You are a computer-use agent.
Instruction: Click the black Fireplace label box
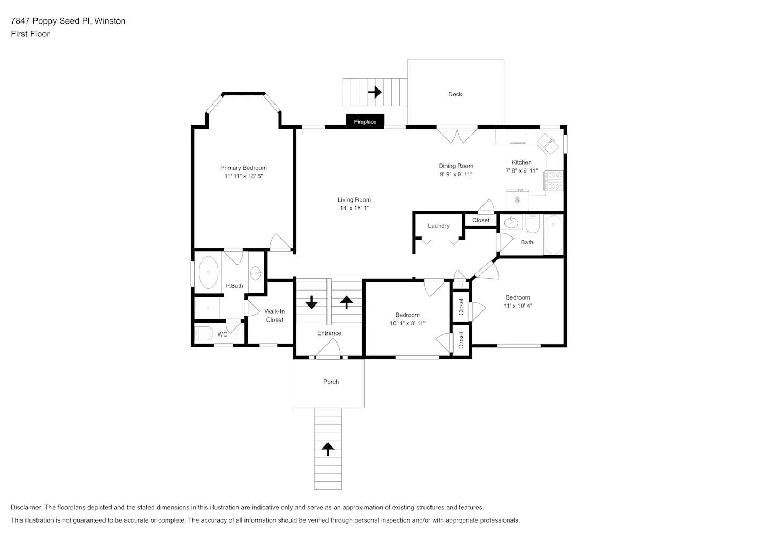pyautogui.click(x=365, y=122)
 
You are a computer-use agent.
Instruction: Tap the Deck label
pyautogui.click(x=455, y=94)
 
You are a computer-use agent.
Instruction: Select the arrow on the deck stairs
pyautogui.click(x=375, y=92)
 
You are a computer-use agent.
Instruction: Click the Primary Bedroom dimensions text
pyautogui.click(x=243, y=176)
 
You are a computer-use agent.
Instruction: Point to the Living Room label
pyautogui.click(x=354, y=200)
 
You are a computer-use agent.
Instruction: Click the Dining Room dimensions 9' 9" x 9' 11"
pyautogui.click(x=456, y=174)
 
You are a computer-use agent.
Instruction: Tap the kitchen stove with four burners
pyautogui.click(x=554, y=181)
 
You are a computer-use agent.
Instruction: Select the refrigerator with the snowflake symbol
pyautogui.click(x=517, y=200)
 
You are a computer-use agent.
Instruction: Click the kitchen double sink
pyautogui.click(x=549, y=143)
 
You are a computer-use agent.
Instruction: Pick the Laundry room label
pyautogui.click(x=439, y=226)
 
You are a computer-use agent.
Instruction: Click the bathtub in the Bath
pyautogui.click(x=553, y=235)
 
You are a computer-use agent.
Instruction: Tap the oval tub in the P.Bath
pyautogui.click(x=209, y=272)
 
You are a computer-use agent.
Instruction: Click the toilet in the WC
pyautogui.click(x=204, y=333)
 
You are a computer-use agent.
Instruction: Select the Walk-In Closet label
pyautogui.click(x=274, y=316)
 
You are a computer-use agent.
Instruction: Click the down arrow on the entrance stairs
pyautogui.click(x=311, y=302)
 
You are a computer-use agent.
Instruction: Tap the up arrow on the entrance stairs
pyautogui.click(x=346, y=302)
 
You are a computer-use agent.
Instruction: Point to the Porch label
pyautogui.click(x=331, y=382)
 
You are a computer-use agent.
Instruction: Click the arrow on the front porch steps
pyautogui.click(x=328, y=449)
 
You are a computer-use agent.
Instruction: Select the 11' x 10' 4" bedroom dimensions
pyautogui.click(x=517, y=306)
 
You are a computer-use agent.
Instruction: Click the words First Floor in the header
pyautogui.click(x=30, y=34)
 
